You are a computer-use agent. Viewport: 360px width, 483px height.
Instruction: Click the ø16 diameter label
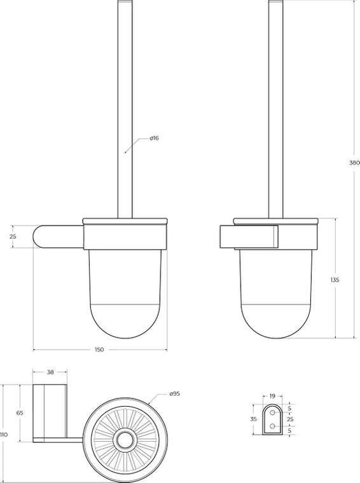click(x=154, y=138)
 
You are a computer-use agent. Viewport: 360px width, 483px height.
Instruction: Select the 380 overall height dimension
click(x=354, y=163)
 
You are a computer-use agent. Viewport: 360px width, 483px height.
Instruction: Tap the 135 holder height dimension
click(x=335, y=280)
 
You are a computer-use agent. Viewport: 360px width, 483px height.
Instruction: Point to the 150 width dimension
click(x=100, y=350)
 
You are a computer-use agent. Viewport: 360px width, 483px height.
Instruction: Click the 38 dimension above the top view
click(x=50, y=372)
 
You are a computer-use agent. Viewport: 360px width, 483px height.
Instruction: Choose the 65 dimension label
click(x=20, y=413)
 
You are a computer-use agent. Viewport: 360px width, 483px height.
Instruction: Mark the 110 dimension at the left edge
click(x=4, y=435)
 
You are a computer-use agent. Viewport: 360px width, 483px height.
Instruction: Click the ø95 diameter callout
click(x=174, y=394)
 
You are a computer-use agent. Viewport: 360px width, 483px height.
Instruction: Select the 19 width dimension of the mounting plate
click(x=272, y=396)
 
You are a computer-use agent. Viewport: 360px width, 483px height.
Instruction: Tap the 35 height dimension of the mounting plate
click(x=253, y=419)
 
